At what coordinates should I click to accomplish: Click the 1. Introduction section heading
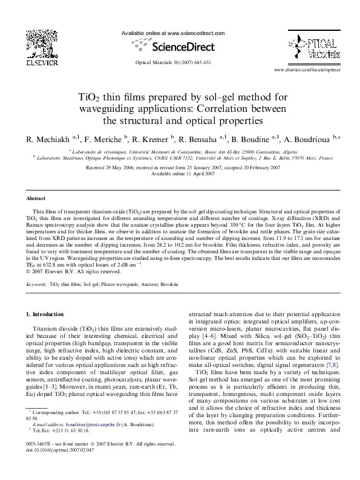[45, 314]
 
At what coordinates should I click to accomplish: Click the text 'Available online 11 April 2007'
[180, 174]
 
